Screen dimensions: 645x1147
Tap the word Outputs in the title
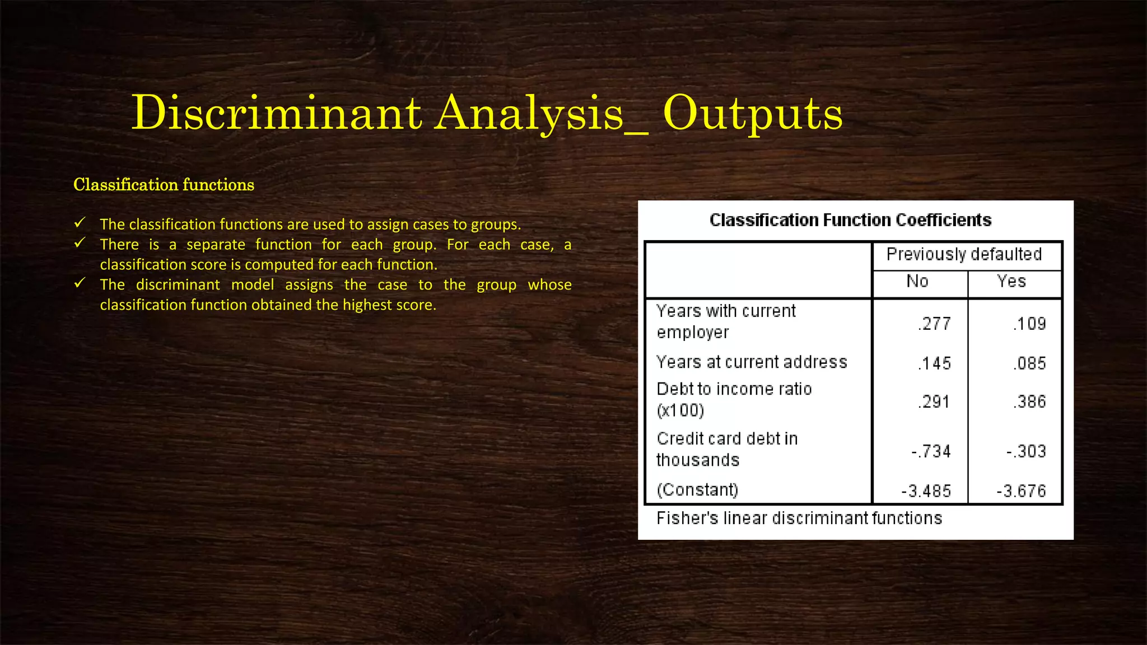[752, 113]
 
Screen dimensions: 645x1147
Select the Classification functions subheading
[164, 185]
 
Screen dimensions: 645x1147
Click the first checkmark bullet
[80, 223]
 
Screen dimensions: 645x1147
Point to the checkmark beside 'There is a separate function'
[80, 243]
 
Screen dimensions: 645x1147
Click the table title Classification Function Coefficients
[850, 220]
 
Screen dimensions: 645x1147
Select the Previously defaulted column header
[964, 255]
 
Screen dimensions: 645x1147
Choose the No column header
[917, 281]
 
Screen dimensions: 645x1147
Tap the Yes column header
[1011, 281]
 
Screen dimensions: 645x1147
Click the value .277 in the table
[934, 324]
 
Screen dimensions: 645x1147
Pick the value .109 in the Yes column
[1029, 324]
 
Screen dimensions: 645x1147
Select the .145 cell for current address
[934, 363]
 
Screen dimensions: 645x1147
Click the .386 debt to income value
[1029, 401]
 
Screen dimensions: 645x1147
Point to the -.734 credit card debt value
[931, 451]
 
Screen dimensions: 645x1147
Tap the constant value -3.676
[1021, 491]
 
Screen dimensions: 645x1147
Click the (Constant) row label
[697, 490]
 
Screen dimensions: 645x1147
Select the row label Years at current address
[752, 362]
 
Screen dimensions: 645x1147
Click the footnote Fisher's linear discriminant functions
[799, 518]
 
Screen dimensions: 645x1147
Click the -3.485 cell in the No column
[926, 491]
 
